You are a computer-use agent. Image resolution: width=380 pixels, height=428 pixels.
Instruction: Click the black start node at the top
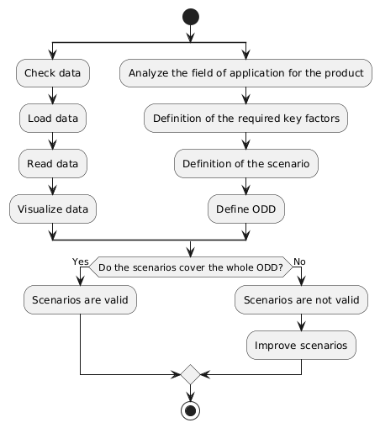[190, 17]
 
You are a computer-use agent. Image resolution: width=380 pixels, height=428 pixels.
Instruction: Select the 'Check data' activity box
[52, 74]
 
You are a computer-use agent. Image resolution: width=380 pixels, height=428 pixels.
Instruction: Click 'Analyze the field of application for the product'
[245, 74]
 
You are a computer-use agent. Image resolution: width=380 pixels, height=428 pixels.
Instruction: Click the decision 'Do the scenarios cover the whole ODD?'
[191, 267]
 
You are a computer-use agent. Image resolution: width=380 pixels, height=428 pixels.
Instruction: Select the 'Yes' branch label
[81, 261]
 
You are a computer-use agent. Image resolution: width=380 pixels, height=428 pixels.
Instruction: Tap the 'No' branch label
[300, 261]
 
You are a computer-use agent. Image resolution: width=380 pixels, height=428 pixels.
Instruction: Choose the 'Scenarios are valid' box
[81, 299]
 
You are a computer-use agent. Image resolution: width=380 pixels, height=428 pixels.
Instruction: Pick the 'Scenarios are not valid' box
[301, 299]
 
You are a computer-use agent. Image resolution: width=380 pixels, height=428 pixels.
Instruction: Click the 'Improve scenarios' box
[301, 343]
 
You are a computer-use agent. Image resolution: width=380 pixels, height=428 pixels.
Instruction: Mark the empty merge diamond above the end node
[190, 373]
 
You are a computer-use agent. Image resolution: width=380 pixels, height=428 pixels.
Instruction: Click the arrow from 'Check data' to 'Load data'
[52, 96]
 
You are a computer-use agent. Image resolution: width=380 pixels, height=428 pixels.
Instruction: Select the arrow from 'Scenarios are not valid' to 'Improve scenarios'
[301, 321]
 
